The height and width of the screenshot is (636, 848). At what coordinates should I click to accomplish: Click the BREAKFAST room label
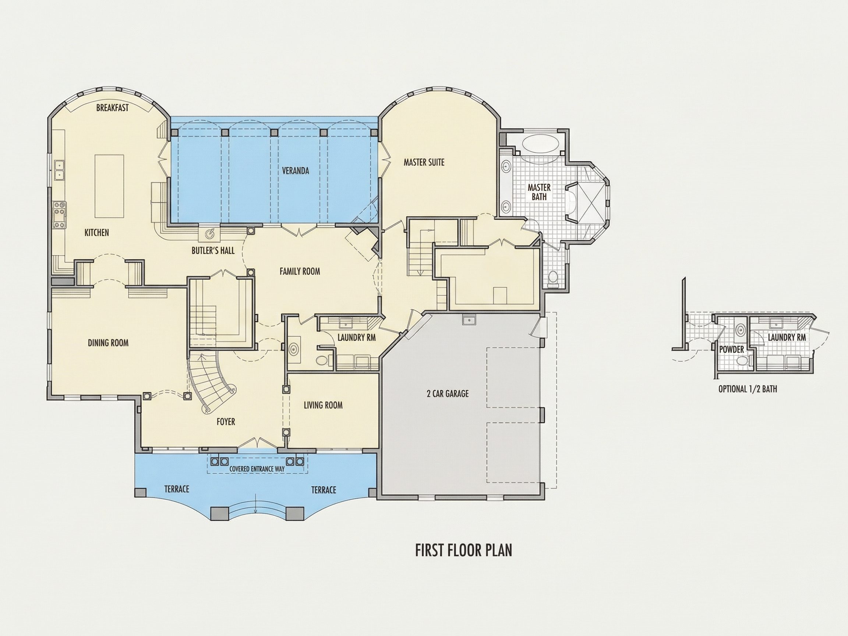pos(112,108)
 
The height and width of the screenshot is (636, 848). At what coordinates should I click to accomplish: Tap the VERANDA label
pos(296,171)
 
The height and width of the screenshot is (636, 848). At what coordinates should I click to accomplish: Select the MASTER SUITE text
pos(424,162)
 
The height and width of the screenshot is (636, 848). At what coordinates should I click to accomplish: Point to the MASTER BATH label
pos(539,192)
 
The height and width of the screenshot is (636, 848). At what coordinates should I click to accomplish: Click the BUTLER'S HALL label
pos(213,251)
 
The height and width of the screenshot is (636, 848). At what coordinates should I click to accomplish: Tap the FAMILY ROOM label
pos(300,271)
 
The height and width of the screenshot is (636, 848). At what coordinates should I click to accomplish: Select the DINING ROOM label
pos(108,343)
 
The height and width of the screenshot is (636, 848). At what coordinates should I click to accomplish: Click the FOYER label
pos(226,422)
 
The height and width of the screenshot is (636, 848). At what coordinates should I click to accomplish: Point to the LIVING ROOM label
pos(323,405)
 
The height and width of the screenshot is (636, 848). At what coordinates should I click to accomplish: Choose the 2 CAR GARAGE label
pos(448,393)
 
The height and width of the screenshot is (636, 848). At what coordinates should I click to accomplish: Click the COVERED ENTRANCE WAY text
pos(257,469)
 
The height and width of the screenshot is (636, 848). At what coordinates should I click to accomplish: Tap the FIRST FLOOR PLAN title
pos(464,550)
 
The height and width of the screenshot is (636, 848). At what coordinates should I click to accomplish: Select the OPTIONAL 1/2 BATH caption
pos(748,389)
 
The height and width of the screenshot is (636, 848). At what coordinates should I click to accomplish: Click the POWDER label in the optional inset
pos(731,349)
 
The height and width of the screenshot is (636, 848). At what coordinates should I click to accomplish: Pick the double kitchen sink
pos(60,170)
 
